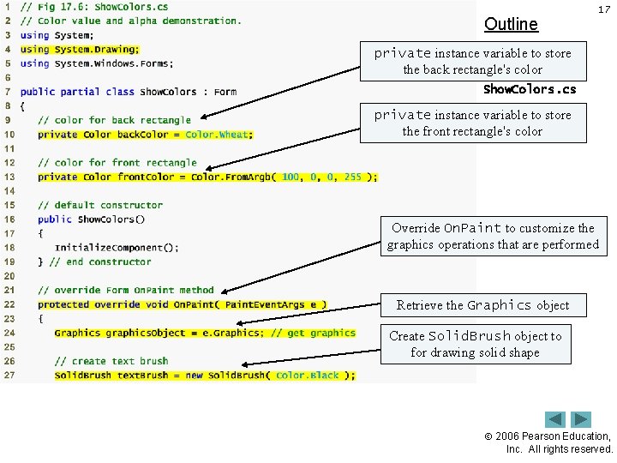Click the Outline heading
tap(511, 24)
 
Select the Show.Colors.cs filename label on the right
tap(529, 89)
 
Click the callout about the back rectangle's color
tap(472, 61)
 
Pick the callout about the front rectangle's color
tap(472, 123)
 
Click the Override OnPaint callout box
tap(493, 236)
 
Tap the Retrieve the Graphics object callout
tap(482, 304)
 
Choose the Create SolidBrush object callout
tap(475, 344)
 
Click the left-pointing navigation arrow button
tap(555, 419)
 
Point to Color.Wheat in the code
tap(219, 135)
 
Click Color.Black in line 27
tap(308, 376)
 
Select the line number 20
tap(9, 276)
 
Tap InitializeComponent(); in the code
tap(117, 248)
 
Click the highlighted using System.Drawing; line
tap(79, 50)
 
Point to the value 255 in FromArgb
tap(353, 177)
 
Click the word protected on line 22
tap(63, 304)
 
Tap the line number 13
tap(9, 177)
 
